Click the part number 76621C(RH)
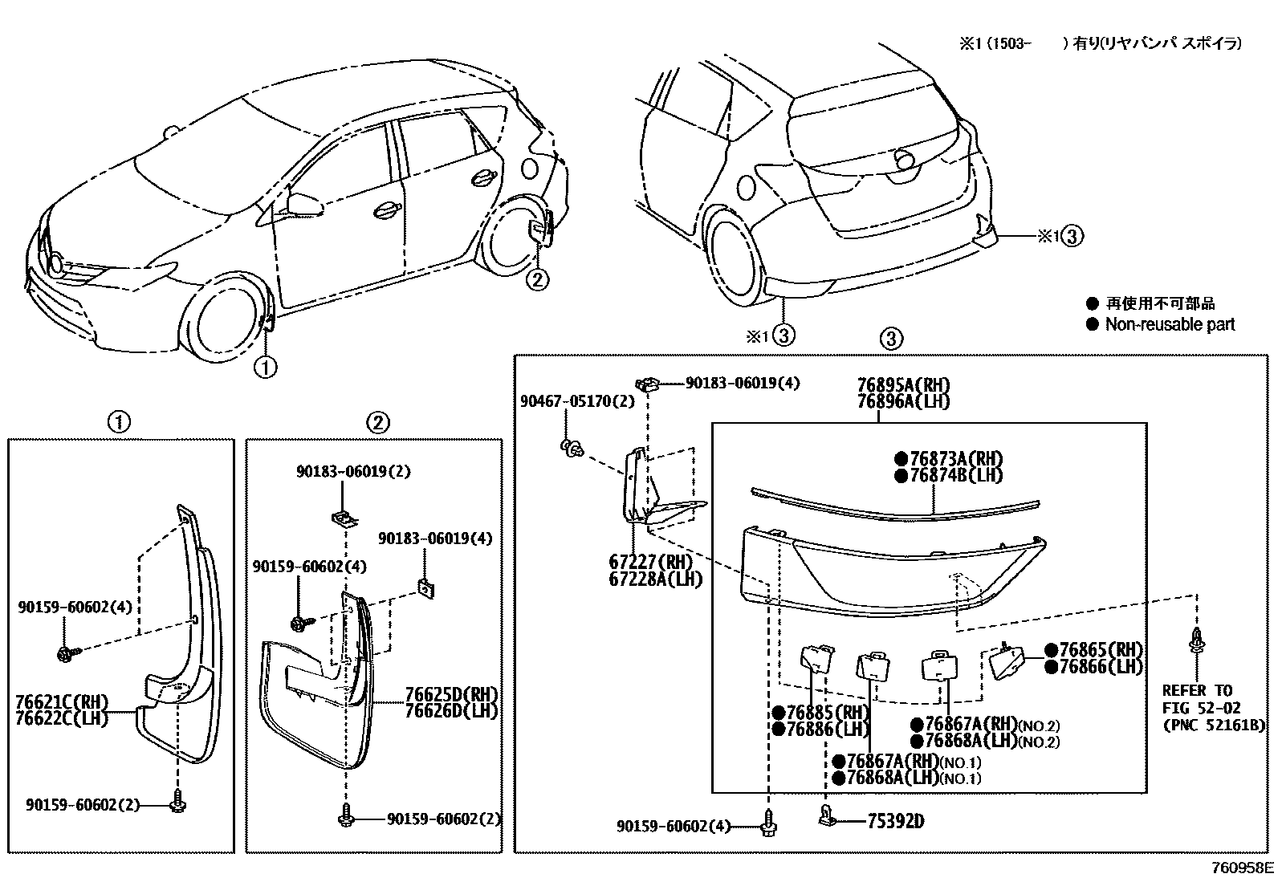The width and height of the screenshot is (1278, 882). [x=61, y=702]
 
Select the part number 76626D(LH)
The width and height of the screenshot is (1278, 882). [x=451, y=711]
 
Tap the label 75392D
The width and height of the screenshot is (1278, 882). [x=895, y=821]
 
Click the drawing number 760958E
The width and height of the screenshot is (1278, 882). [x=1243, y=868]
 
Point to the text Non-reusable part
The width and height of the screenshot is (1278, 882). [x=1170, y=324]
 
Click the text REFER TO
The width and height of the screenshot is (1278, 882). [x=1197, y=690]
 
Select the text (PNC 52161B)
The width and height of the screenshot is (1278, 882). [x=1213, y=726]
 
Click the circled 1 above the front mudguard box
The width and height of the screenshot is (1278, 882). [x=119, y=421]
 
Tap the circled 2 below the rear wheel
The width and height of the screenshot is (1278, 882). [x=537, y=279]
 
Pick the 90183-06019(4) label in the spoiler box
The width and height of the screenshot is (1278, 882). [x=742, y=384]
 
